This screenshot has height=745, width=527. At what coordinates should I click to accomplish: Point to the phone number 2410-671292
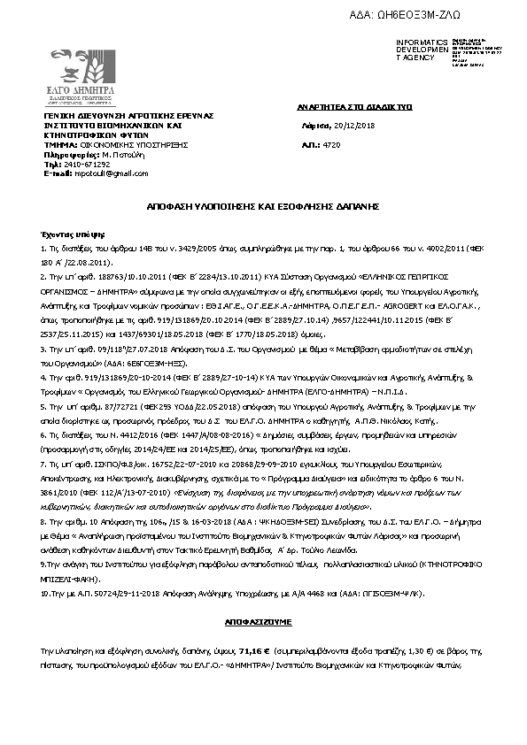[86, 165]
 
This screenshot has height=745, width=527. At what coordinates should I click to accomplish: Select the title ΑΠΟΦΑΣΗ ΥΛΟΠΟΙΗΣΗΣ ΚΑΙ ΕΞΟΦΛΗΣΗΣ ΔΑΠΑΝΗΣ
[263, 204]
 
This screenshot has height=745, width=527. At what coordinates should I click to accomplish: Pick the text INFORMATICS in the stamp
[417, 42]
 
